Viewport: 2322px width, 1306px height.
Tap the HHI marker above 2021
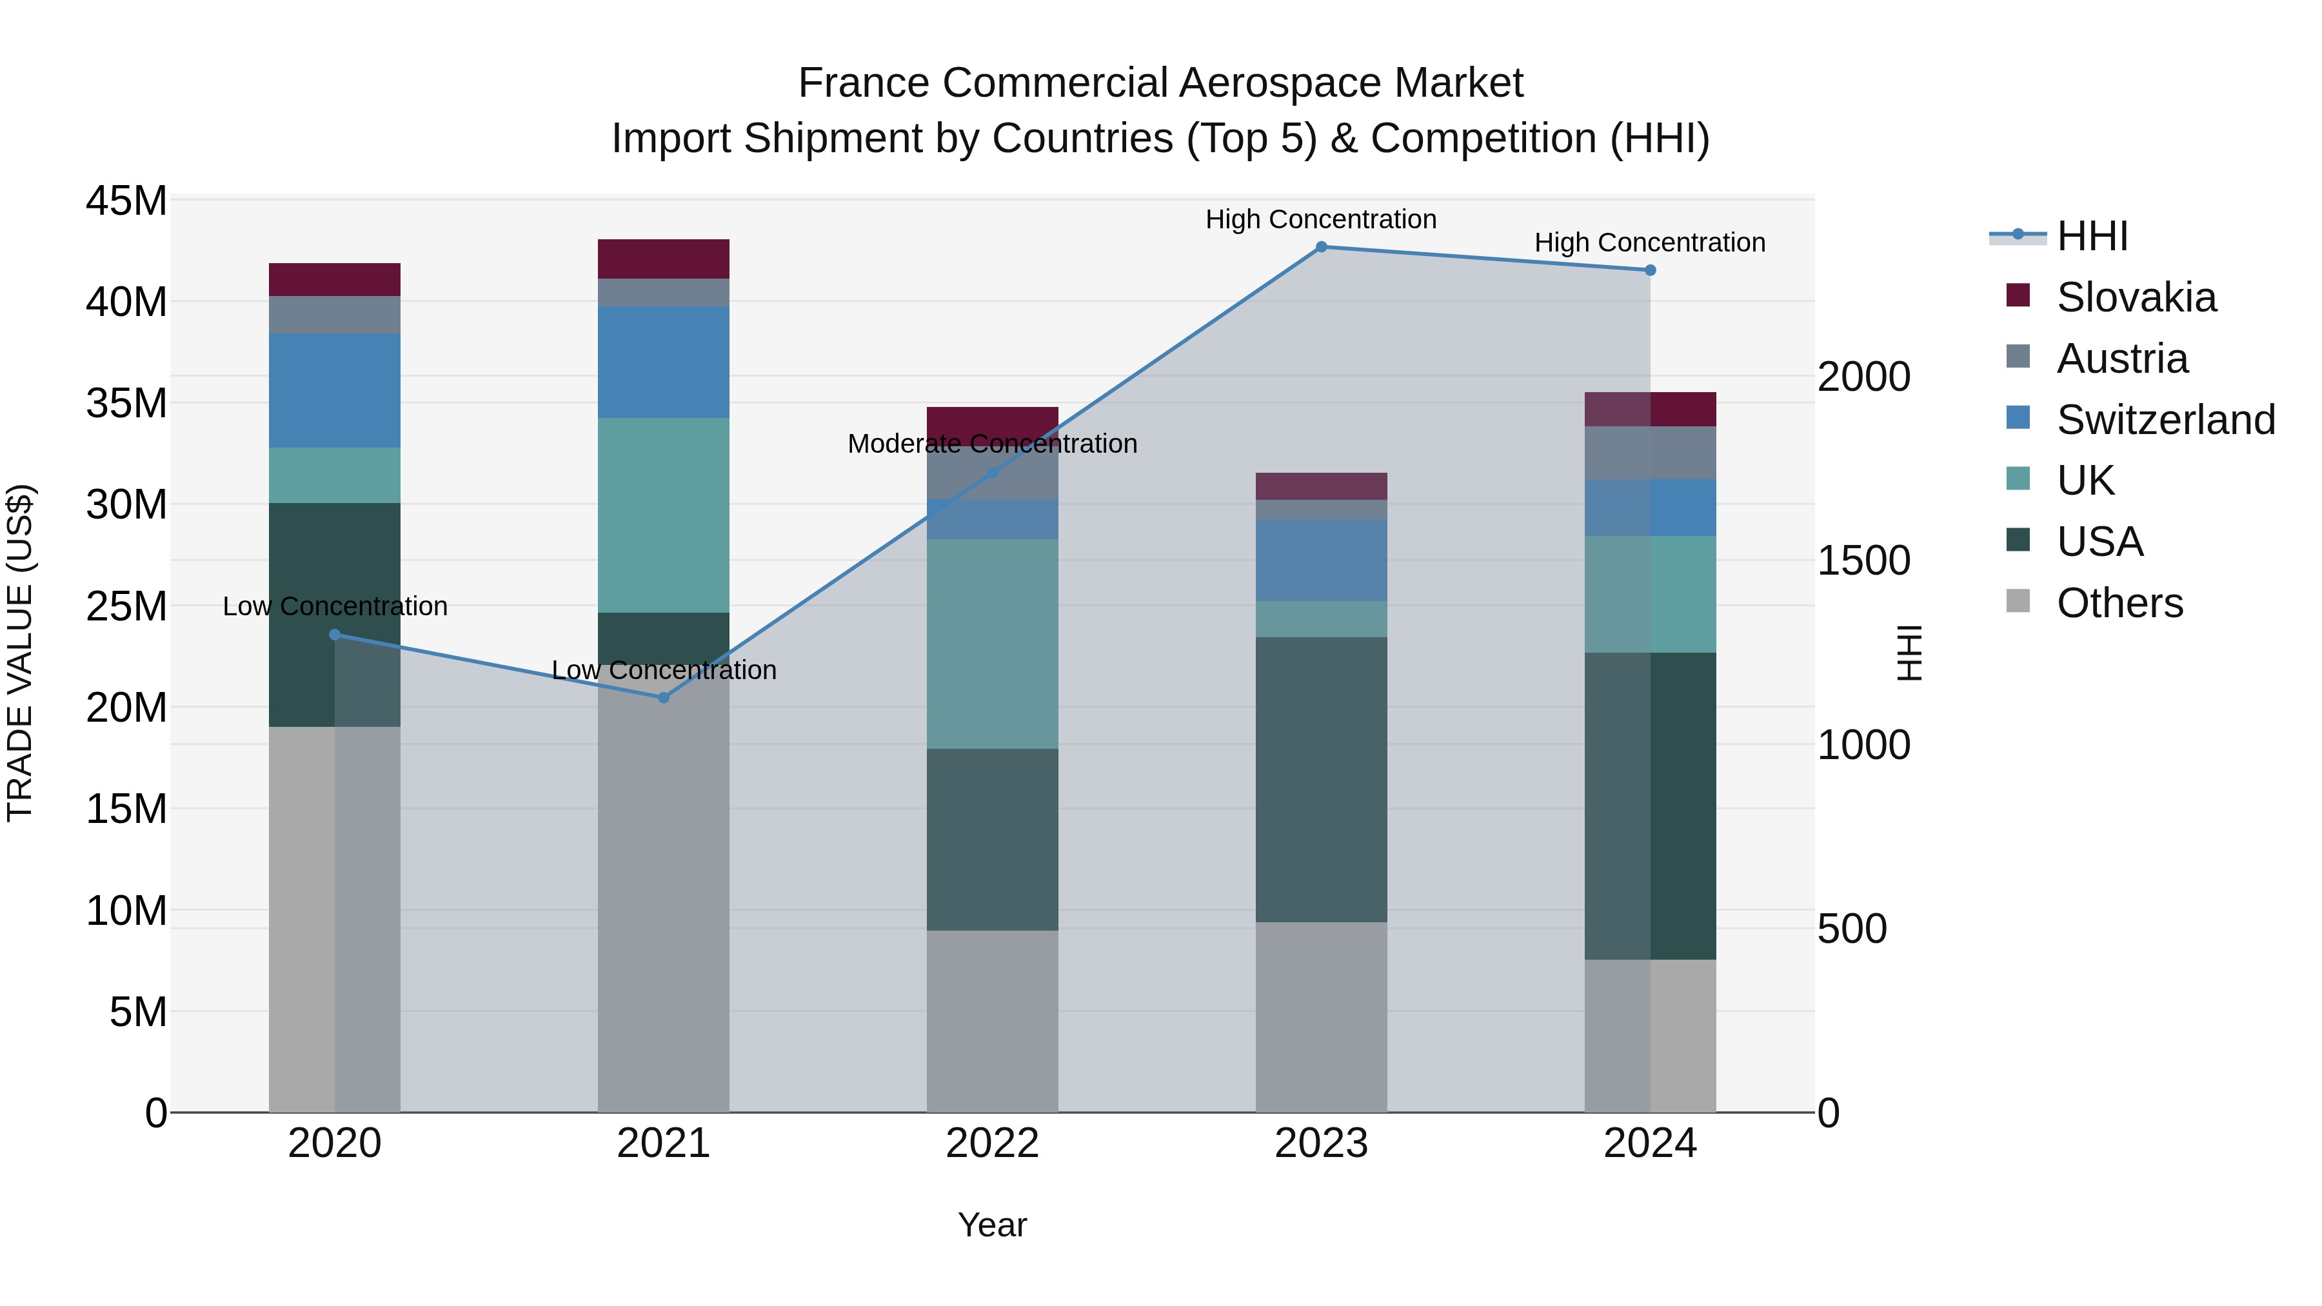[664, 698]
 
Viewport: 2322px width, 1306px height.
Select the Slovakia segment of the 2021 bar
[664, 259]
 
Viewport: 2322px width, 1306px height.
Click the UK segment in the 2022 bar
[993, 644]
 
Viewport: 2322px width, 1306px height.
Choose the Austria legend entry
[2122, 359]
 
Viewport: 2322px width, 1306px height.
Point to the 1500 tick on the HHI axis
[1863, 560]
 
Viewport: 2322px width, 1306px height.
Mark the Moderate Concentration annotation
[993, 444]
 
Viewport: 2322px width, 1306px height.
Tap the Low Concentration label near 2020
[334, 607]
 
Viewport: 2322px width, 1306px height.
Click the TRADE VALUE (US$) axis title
[20, 653]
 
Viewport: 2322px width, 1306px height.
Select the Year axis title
[993, 1225]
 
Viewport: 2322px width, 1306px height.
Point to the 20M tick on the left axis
[126, 707]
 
